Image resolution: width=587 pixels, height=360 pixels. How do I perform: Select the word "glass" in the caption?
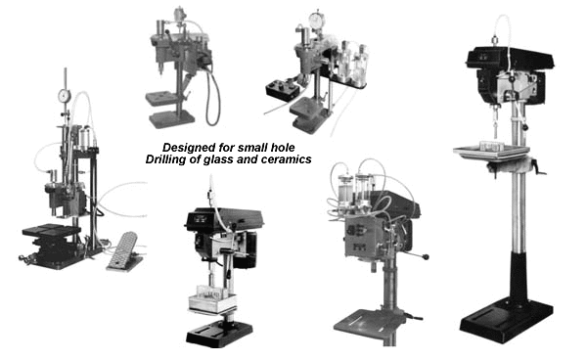(x=218, y=159)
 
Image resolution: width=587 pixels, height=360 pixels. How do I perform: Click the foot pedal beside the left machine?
(x=123, y=251)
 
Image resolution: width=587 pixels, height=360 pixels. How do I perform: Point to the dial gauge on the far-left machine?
(x=65, y=96)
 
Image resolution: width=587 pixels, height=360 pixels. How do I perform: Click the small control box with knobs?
(x=283, y=89)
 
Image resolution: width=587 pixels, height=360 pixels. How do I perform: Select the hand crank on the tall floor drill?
(x=537, y=167)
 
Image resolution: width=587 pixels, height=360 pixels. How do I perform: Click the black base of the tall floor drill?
(x=507, y=317)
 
